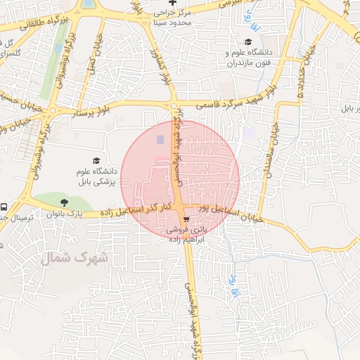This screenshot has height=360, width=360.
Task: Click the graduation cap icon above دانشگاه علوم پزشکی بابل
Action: coord(96,161)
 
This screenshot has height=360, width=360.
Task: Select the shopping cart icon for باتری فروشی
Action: coord(186,218)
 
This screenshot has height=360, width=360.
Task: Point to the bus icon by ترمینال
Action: coord(4,207)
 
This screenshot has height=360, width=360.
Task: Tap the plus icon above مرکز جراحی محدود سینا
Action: coord(172,3)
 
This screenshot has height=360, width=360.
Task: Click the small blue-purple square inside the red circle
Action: coord(159,139)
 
